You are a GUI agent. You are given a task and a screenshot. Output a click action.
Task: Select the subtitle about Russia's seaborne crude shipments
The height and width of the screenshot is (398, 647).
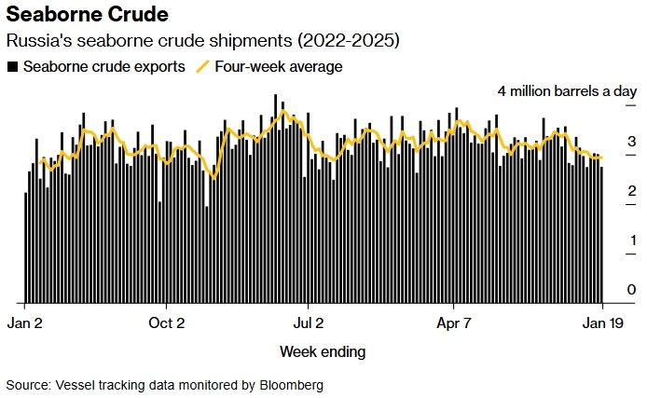203,42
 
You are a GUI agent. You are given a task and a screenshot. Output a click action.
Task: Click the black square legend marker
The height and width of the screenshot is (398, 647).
12,67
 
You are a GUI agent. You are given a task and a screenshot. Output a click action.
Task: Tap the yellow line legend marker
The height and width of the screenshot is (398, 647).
202,67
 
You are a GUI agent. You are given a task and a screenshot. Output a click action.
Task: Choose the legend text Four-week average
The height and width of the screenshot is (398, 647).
279,67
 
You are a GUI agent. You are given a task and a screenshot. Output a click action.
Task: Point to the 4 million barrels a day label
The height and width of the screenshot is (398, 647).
566,91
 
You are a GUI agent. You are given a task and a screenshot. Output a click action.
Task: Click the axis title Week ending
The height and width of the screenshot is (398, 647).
323,351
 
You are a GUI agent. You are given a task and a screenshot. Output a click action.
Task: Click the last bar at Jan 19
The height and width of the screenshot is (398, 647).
601,233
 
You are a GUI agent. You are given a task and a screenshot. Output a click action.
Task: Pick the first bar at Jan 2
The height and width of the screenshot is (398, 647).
25,248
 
